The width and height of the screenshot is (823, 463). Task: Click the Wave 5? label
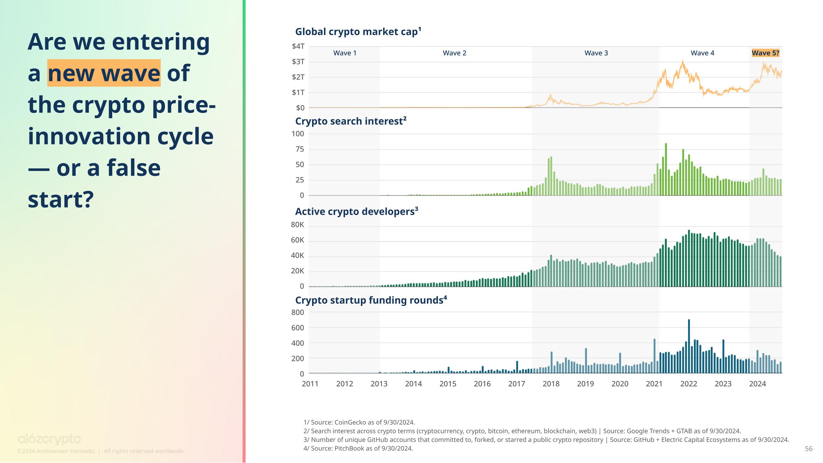coord(765,53)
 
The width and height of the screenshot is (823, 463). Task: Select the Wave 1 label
coord(345,53)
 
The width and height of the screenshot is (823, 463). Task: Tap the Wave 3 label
coord(596,53)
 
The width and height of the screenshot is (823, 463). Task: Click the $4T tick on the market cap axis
coord(298,46)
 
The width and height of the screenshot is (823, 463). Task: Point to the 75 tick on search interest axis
coord(300,150)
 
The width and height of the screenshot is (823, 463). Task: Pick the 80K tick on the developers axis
coord(298,225)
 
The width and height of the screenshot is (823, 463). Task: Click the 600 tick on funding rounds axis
coord(298,328)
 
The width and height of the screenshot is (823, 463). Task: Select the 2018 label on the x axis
coord(551,384)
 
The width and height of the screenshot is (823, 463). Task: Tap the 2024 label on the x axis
coord(757,384)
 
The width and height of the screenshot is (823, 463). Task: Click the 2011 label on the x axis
coord(310,384)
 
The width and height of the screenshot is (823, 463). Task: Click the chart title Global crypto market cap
coord(358,32)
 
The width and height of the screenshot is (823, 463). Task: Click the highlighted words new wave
coord(104,73)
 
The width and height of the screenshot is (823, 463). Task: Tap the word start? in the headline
coord(61,200)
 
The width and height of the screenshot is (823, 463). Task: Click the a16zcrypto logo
coord(49,439)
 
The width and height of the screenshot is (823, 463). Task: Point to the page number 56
coord(809,449)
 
